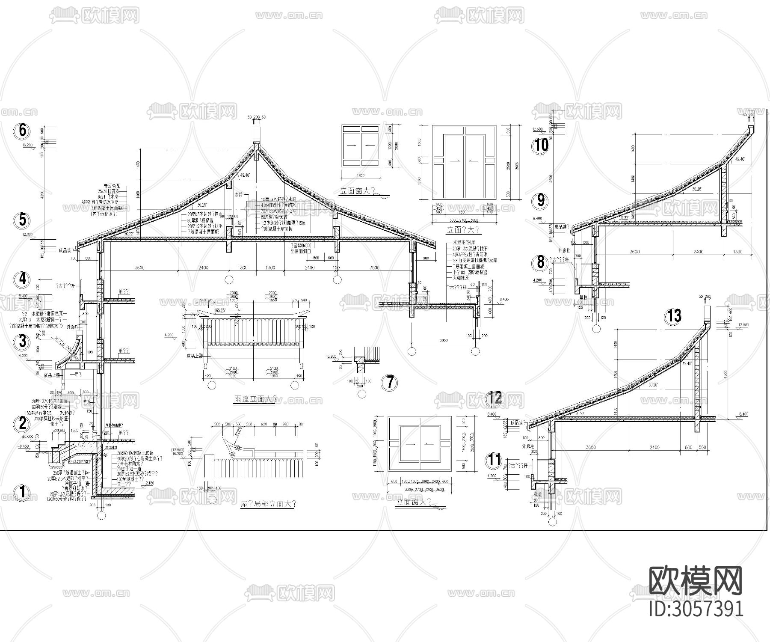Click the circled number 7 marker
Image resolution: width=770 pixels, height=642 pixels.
click(390, 382)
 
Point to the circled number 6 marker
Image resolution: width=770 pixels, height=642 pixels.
click(22, 131)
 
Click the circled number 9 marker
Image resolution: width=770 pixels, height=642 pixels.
click(541, 200)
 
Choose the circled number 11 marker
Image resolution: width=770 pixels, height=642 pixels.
click(494, 461)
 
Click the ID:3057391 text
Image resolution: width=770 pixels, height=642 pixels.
click(696, 608)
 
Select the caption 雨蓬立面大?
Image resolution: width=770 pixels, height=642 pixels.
click(253, 399)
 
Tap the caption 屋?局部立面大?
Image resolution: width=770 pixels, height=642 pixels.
click(268, 504)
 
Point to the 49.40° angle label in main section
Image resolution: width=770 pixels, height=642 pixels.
click(245, 175)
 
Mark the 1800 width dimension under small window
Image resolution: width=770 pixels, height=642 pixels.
click(360, 175)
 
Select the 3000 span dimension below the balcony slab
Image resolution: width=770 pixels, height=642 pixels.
click(444, 340)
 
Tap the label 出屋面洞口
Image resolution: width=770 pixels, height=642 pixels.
click(302, 252)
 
